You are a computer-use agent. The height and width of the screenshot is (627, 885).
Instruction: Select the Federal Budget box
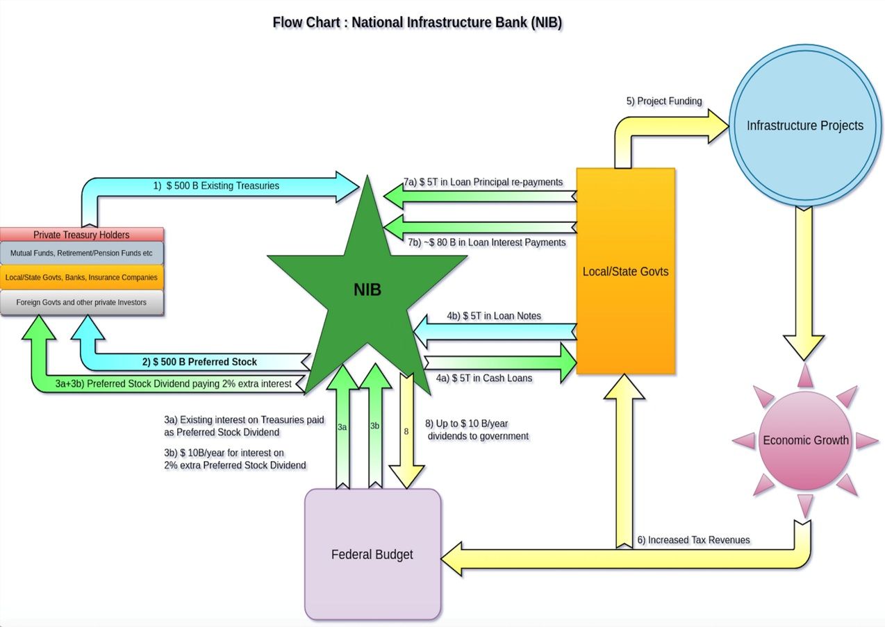(372, 554)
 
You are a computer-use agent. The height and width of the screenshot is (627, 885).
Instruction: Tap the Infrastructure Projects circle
(804, 126)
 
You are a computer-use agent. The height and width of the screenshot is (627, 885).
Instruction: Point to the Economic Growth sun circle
(805, 440)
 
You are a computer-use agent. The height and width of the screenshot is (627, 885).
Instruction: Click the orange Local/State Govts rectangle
(625, 271)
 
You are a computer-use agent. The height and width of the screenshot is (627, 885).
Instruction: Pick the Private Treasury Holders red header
(81, 235)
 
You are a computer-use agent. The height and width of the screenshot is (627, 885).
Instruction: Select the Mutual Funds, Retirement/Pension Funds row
(81, 253)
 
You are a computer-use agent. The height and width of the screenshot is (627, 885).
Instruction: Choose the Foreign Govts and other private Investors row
(81, 303)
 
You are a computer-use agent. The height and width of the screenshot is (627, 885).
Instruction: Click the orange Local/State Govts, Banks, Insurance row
(81, 278)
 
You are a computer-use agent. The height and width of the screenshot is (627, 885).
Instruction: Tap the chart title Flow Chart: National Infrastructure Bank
(417, 22)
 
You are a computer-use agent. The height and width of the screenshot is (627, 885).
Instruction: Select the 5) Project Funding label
(664, 101)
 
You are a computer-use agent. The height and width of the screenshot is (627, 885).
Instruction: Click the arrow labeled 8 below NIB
(406, 430)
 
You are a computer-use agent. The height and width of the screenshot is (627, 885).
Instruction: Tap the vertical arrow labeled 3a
(342, 427)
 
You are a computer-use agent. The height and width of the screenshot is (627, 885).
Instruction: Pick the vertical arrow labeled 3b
(374, 427)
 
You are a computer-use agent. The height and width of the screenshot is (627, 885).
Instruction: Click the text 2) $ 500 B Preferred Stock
(199, 362)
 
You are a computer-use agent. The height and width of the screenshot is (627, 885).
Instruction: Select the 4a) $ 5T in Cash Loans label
(484, 378)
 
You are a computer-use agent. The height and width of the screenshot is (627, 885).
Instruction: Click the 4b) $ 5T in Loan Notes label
(494, 316)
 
